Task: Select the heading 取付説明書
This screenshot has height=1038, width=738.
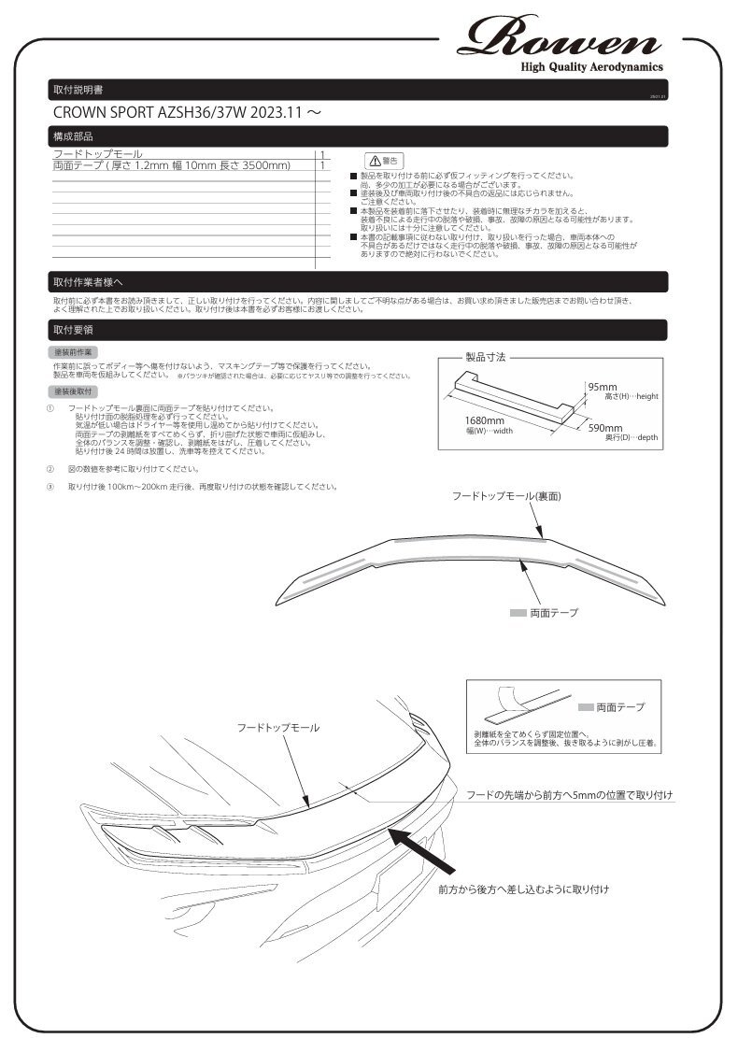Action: (x=79, y=91)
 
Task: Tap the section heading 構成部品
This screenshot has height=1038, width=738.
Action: (x=74, y=137)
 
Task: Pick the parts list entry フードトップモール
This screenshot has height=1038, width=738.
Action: (x=98, y=154)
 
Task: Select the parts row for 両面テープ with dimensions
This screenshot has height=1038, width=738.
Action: (x=172, y=165)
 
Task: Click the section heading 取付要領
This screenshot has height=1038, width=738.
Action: (x=74, y=330)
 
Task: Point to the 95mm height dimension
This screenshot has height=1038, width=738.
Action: (x=603, y=387)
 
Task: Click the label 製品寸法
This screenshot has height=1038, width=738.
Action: (x=486, y=357)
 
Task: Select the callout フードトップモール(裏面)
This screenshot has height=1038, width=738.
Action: (x=505, y=497)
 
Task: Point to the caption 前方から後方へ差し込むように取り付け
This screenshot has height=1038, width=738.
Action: (x=523, y=890)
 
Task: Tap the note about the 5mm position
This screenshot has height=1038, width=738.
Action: (x=570, y=795)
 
